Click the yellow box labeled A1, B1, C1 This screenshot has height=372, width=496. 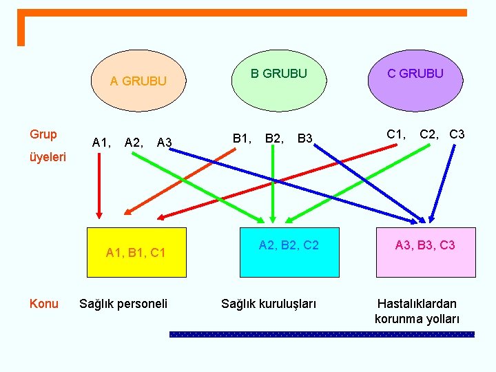[x=136, y=252]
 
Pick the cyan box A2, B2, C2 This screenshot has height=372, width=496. [x=289, y=251]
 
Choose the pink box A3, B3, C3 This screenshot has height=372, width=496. [x=425, y=251]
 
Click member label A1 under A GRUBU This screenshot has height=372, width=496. [x=101, y=143]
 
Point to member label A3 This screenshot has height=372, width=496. [x=164, y=143]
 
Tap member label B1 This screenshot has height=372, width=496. [x=241, y=139]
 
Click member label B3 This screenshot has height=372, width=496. [x=305, y=140]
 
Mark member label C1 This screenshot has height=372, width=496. [x=396, y=134]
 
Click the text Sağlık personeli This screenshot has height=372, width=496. [x=123, y=303]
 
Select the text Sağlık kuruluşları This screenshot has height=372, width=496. [x=269, y=303]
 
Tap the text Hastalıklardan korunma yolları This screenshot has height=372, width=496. [x=417, y=311]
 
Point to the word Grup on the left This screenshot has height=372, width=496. [x=43, y=134]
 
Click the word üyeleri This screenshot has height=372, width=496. [x=48, y=157]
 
